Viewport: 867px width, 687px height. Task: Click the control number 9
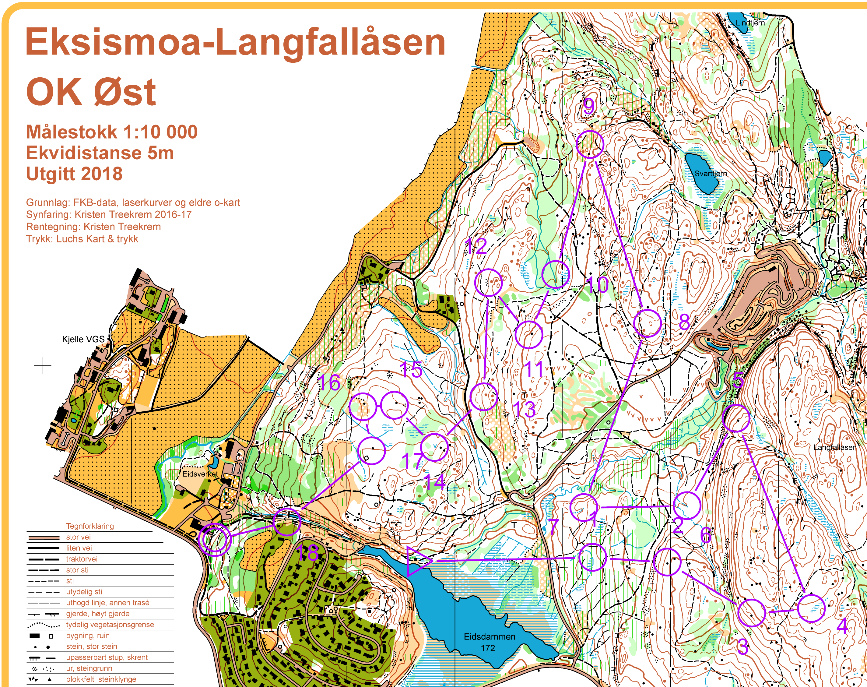[588, 107]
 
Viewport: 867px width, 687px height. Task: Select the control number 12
[476, 246]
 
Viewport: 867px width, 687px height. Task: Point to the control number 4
[842, 626]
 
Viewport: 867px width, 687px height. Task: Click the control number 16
[329, 382]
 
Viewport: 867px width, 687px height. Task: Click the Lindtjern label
[750, 23]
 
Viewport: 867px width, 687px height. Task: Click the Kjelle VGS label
[83, 339]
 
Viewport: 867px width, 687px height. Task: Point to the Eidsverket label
[200, 474]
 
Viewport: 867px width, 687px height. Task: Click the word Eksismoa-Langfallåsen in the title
[235, 43]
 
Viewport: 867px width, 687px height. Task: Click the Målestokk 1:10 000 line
[112, 132]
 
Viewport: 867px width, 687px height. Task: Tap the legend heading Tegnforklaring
[90, 526]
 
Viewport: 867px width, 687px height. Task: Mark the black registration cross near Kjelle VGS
[43, 366]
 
